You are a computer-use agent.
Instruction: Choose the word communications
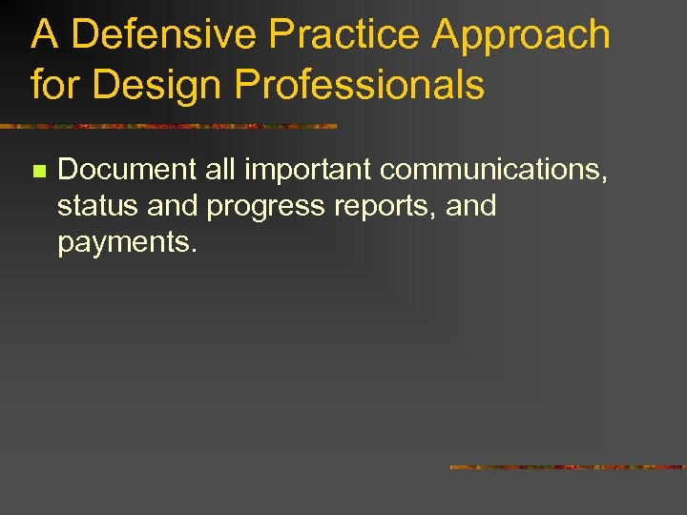pyautogui.click(x=494, y=170)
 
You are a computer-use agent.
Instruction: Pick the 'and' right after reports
pyautogui.click(x=470, y=206)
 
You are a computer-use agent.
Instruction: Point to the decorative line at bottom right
pyautogui.click(x=568, y=467)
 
